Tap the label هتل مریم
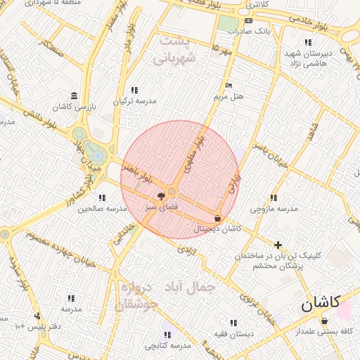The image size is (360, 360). pos(230,96)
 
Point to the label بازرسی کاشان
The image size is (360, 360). pos(74,107)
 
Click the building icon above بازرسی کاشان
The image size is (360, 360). pos(74,96)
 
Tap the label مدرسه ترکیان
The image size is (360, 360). pos(134,101)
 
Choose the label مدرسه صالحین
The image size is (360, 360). pos(102,209)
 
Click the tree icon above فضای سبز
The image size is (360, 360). pos(162,196)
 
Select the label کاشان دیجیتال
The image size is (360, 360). pos(217,229)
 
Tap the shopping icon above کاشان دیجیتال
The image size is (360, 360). pos(217,218)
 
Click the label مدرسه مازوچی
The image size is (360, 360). pos(274,209)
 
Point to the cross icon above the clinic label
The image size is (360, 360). pos(279,245)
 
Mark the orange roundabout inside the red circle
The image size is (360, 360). pos(172,191)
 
